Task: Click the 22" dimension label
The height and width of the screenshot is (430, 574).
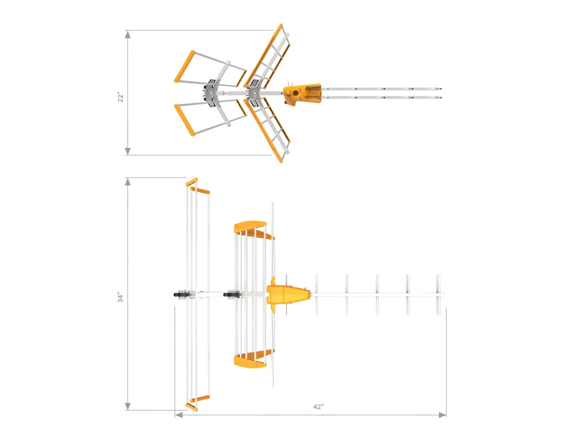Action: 119,97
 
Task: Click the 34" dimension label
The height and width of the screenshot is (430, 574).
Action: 120,297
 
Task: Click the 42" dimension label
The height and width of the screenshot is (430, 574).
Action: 319,407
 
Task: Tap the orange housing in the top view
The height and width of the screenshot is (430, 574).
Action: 303,93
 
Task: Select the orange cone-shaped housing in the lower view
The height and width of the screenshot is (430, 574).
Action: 288,295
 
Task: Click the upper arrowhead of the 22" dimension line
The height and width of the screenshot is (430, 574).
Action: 128,34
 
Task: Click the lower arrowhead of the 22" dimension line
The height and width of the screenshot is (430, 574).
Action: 128,151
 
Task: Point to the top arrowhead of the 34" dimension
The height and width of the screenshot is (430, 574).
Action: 128,182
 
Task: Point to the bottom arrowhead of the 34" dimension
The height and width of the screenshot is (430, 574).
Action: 128,406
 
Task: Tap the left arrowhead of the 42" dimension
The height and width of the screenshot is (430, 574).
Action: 179,415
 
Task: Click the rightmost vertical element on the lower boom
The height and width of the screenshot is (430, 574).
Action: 439,294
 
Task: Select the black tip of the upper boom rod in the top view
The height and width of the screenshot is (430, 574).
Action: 441,89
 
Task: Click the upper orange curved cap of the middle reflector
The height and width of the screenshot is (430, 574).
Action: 250,225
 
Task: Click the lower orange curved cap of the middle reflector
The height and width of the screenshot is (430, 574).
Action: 250,363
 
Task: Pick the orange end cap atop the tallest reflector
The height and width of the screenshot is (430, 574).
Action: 192,181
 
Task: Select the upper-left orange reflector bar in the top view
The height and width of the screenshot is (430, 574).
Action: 184,66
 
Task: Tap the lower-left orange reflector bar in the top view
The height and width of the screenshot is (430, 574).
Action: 184,120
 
